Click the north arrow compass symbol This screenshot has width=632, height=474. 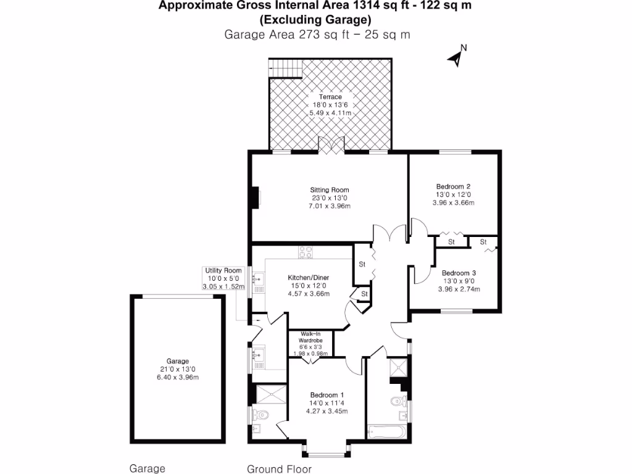[457, 57]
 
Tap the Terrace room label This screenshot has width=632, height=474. [330, 97]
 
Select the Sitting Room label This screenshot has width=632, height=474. [330, 190]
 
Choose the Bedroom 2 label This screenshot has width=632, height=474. [454, 186]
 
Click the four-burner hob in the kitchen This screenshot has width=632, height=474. [306, 252]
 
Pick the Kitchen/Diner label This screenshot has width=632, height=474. [309, 278]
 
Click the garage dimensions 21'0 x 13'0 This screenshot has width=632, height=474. [177, 369]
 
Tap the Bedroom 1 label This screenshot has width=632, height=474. [326, 395]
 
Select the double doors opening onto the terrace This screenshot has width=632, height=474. [330, 146]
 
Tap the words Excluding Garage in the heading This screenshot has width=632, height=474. [315, 20]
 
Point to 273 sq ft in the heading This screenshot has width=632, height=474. [312, 35]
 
